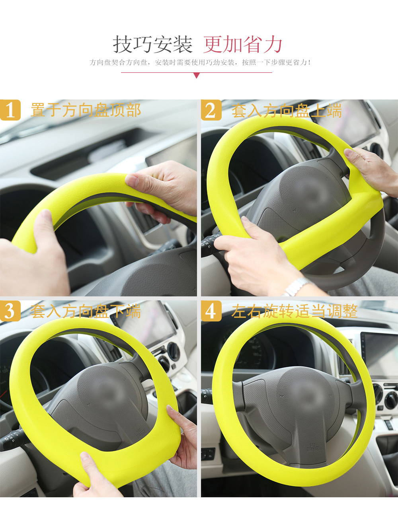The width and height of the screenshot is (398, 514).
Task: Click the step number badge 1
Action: [x=10, y=110]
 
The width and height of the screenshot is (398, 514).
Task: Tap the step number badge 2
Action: [x=211, y=110]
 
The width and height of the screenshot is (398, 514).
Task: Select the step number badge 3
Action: [x=10, y=311]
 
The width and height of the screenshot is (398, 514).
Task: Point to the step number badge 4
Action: [x=211, y=311]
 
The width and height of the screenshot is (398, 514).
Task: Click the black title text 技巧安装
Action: [x=152, y=44]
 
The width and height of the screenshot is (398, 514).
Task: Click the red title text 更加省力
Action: [x=243, y=44]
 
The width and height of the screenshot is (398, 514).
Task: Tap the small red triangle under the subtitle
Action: [x=196, y=76]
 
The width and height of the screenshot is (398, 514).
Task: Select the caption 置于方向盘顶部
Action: [x=86, y=110]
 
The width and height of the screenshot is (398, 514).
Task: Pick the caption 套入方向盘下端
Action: [x=86, y=311]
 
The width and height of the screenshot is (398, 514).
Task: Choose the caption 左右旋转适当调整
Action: [x=295, y=311]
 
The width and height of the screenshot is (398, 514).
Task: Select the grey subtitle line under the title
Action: [x=200, y=62]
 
